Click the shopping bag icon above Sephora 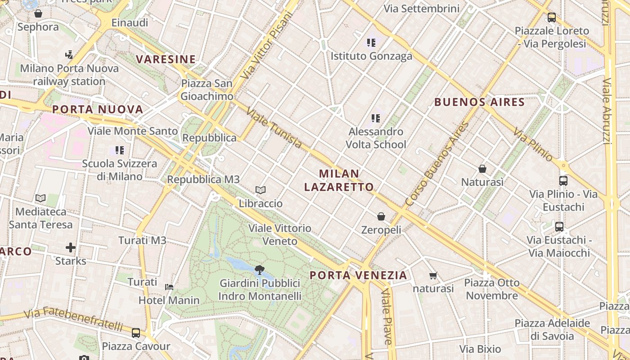pyautogui.click(x=38, y=13)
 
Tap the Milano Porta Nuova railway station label pyautogui.click(x=69, y=75)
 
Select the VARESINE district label pyautogui.click(x=166, y=59)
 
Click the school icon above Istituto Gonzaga pyautogui.click(x=371, y=43)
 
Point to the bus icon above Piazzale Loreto pyautogui.click(x=552, y=18)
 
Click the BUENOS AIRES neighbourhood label pyautogui.click(x=480, y=102)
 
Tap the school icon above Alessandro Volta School pyautogui.click(x=376, y=118)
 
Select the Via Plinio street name pyautogui.click(x=533, y=145)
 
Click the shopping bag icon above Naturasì pyautogui.click(x=482, y=169)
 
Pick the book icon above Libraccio pyautogui.click(x=261, y=190)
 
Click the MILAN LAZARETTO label pyautogui.click(x=339, y=180)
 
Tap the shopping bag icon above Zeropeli pyautogui.click(x=381, y=216)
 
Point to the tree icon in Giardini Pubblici pyautogui.click(x=259, y=270)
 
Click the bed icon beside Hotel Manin pyautogui.click(x=169, y=287)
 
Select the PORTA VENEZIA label pyautogui.click(x=358, y=275)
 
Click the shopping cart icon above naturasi pyautogui.click(x=433, y=275)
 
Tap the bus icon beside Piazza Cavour pyautogui.click(x=136, y=333)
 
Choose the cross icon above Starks pyautogui.click(x=71, y=247)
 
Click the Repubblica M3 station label pyautogui.click(x=203, y=180)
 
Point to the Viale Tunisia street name pyautogui.click(x=274, y=128)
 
